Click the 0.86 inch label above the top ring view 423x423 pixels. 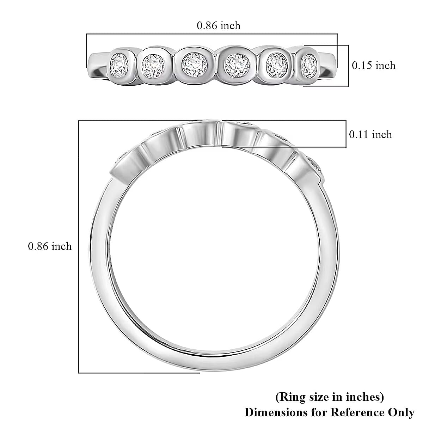219,26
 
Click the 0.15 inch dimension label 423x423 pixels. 374,66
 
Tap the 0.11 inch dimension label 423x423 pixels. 370,135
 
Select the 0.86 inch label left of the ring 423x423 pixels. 50,246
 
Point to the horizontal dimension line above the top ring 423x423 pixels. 211,34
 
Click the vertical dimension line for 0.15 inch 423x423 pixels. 348,66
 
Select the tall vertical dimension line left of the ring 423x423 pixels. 78,247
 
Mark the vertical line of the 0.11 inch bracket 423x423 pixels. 345,134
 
